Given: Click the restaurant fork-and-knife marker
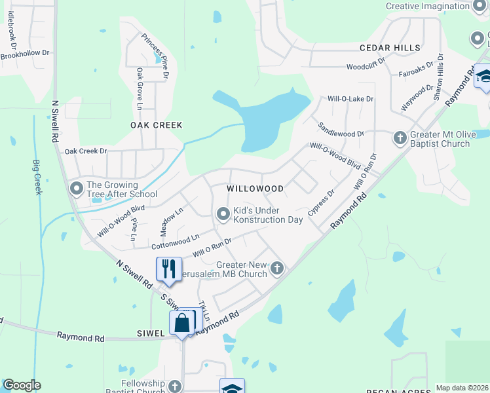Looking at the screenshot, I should [168, 269].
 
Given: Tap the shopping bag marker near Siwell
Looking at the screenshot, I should [181, 323].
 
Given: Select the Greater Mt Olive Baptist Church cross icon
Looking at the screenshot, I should [400, 138].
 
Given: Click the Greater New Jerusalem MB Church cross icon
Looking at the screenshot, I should [278, 268].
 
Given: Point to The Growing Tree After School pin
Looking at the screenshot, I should [76, 189].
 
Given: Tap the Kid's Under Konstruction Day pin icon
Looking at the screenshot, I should [223, 214].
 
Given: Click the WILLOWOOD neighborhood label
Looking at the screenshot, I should [255, 189].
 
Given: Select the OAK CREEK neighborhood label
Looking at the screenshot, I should [156, 125].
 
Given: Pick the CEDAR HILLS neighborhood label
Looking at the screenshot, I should [389, 48].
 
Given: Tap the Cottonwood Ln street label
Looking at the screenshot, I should [175, 242].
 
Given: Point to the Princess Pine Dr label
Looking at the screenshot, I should [155, 56].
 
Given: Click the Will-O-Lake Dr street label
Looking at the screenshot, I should [350, 99].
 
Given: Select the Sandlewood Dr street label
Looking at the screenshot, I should [341, 128].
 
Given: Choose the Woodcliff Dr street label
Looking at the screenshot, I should [369, 67].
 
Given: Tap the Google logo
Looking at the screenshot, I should [22, 385].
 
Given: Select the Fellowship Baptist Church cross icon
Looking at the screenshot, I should [174, 386].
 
